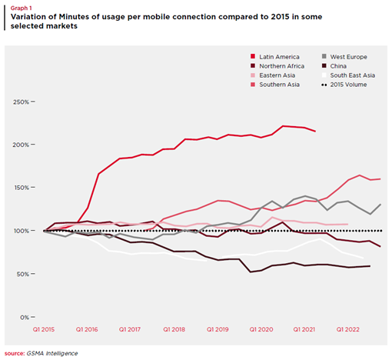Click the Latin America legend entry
(x=275, y=57)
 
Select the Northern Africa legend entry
(x=277, y=66)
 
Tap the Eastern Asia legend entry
(x=273, y=75)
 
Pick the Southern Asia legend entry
(x=275, y=85)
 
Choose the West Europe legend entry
(x=344, y=57)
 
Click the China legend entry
(x=334, y=66)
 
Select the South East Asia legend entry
(x=348, y=75)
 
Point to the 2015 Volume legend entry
(x=344, y=85)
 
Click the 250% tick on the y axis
(x=33, y=102)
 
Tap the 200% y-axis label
(x=21, y=145)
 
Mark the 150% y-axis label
(x=22, y=188)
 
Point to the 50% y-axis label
(x=23, y=274)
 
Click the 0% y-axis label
(x=25, y=318)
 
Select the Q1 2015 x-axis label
(x=44, y=329)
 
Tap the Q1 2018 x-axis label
(x=174, y=329)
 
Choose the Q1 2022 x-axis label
(x=347, y=329)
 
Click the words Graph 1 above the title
(x=21, y=8)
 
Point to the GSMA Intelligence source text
(x=52, y=353)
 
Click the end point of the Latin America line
(x=315, y=132)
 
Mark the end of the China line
(x=370, y=266)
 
